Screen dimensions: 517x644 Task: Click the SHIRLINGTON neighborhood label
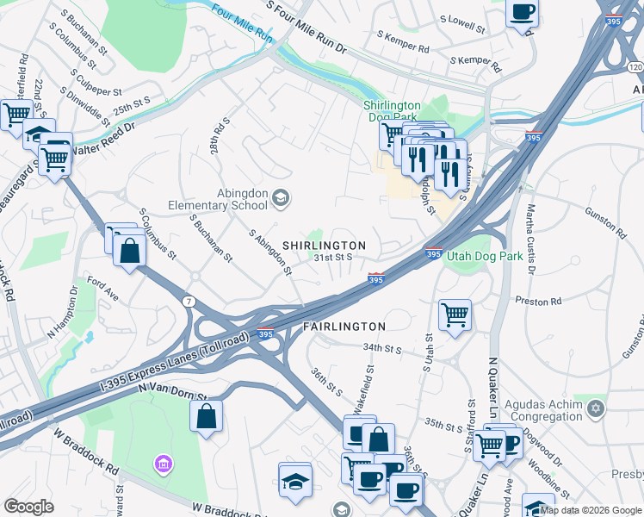(x=324, y=246)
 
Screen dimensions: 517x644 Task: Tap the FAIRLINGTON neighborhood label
(x=344, y=327)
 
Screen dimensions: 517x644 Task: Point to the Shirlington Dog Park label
(x=398, y=110)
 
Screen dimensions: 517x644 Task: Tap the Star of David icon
(x=595, y=407)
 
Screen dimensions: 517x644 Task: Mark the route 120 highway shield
(x=635, y=66)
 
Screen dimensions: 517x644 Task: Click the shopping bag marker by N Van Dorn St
(x=207, y=416)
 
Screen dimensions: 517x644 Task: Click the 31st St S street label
(x=333, y=257)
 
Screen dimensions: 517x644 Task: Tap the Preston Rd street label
(x=538, y=301)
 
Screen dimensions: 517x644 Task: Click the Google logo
(x=28, y=507)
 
